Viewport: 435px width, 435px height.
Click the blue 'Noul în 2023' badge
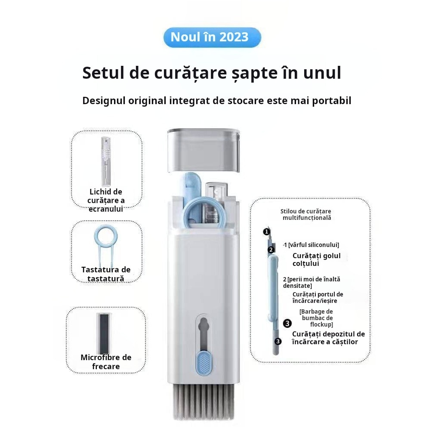pos(212,37)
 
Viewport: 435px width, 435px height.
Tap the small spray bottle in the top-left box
pos(106,161)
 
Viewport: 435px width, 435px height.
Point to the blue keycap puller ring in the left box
pos(106,236)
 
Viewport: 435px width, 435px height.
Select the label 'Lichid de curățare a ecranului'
pos(106,201)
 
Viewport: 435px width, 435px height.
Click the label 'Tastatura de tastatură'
pos(106,274)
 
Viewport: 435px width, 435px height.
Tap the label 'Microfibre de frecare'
pos(106,362)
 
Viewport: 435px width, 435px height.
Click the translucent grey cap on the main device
pos(204,150)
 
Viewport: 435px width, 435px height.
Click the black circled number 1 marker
pos(267,231)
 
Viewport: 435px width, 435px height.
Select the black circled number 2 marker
pos(271,250)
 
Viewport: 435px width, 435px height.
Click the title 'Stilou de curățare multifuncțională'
pos(306,215)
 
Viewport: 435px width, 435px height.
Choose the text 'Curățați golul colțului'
pos(317,260)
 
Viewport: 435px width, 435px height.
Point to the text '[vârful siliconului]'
pos(314,245)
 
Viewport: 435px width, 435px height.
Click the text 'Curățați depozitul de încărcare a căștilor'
pos(328,338)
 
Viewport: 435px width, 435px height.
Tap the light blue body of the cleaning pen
pos(273,289)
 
